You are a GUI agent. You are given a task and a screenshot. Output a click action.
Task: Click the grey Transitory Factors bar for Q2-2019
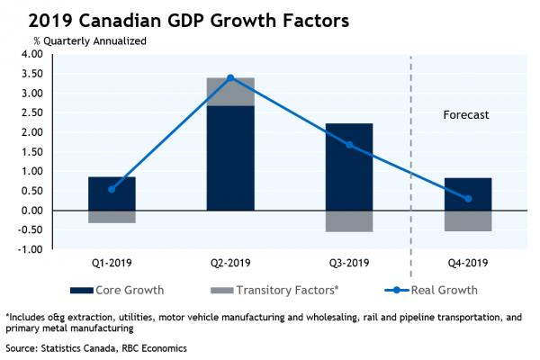pos(230,91)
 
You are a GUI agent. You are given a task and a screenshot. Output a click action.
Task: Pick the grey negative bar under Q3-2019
pos(349,220)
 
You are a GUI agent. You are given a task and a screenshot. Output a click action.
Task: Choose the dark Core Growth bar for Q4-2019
pos(468,193)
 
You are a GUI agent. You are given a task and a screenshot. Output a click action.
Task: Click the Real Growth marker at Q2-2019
pos(230,77)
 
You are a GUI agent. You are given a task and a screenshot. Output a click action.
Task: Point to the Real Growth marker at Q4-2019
pos(468,199)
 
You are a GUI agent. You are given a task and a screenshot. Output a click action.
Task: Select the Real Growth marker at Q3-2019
pos(349,145)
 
